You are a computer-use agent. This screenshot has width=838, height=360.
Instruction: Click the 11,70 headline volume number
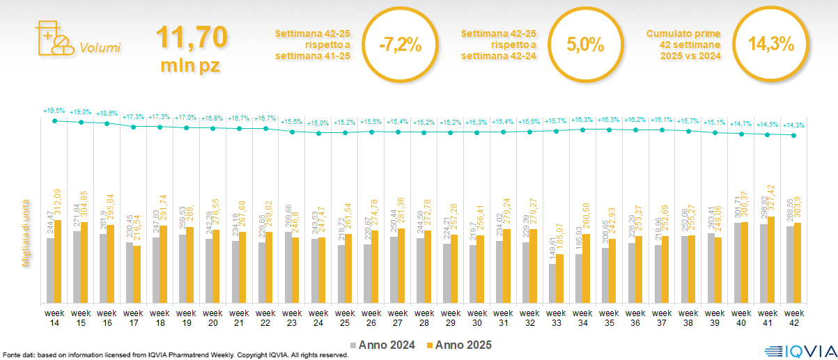coord(192,38)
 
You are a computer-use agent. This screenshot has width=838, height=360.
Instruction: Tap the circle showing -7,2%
coord(401,45)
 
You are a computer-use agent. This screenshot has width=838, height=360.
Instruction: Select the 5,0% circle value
coord(584,45)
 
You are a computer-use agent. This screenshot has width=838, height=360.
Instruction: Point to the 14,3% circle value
coord(771,44)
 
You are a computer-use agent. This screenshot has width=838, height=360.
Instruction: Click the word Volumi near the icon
coord(100,48)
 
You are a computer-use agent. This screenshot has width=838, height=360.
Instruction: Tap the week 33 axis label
coord(556,317)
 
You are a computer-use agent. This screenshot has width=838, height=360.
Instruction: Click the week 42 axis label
coord(794,317)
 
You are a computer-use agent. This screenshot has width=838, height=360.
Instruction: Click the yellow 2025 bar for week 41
coord(771,260)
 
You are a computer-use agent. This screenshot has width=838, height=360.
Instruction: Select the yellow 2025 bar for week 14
coord(59,261)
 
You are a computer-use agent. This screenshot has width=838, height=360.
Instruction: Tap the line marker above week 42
coord(794,136)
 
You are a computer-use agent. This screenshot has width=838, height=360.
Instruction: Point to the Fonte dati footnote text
coord(174,355)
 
